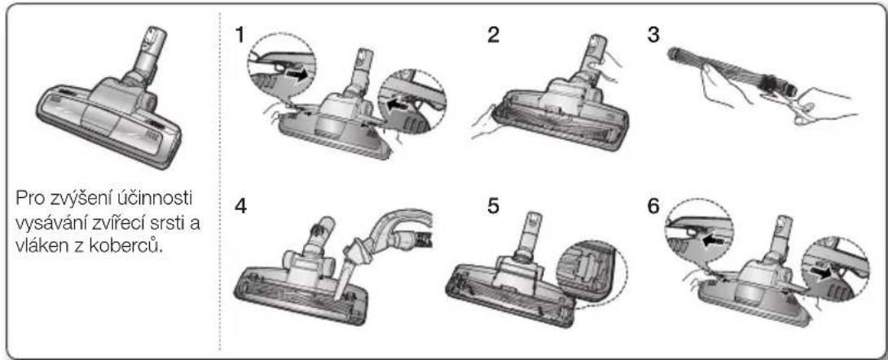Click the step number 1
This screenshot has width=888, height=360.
(241, 36)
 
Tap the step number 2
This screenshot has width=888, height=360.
(493, 36)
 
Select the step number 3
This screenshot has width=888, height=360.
(653, 36)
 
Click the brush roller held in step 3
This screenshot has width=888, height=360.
(731, 72)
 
